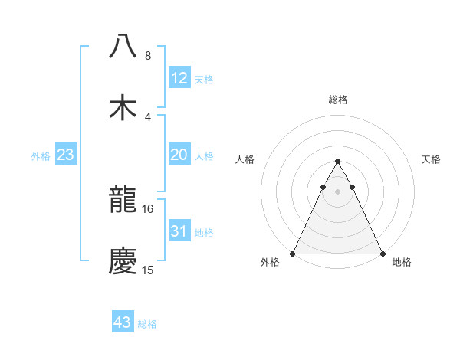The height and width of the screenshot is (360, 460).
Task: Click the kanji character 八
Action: click(x=123, y=46)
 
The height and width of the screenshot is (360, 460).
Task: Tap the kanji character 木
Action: click(x=123, y=107)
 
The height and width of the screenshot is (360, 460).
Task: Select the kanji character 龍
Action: click(x=123, y=201)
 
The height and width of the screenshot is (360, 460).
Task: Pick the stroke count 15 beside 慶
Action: click(x=148, y=270)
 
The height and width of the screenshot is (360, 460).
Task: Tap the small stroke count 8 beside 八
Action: click(x=148, y=55)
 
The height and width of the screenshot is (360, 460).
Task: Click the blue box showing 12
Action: click(x=179, y=78)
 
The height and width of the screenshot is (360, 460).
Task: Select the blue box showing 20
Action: click(x=179, y=155)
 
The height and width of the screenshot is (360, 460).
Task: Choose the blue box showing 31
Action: click(x=179, y=231)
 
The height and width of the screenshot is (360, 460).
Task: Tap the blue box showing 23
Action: click(x=66, y=155)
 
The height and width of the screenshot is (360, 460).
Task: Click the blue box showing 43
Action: click(x=122, y=322)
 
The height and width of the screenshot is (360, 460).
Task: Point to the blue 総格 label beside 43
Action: click(x=147, y=324)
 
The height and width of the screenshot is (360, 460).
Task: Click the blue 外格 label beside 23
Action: click(x=41, y=156)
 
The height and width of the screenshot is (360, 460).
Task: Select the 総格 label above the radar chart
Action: click(x=337, y=100)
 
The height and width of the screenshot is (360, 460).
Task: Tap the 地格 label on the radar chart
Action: click(x=402, y=262)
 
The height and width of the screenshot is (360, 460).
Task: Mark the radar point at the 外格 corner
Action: click(x=293, y=254)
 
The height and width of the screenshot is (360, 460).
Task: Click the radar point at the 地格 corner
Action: click(x=383, y=254)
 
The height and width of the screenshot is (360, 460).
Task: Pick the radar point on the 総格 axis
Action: click(x=337, y=162)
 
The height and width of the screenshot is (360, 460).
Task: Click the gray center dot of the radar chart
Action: click(x=337, y=191)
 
